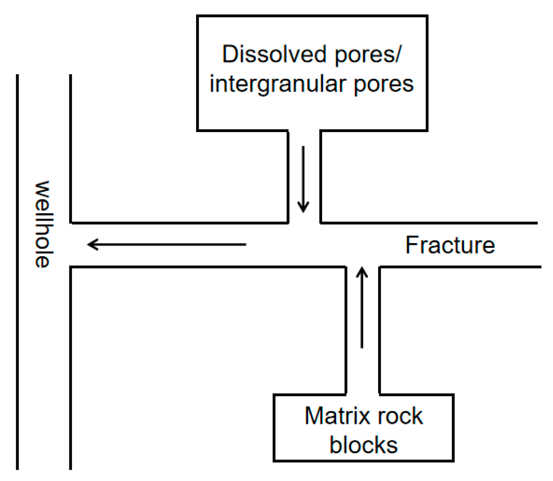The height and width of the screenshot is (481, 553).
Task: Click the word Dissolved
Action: coord(274,55)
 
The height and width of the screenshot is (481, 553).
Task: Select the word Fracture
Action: coord(450,245)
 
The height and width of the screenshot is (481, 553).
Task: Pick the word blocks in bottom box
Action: coord(363,445)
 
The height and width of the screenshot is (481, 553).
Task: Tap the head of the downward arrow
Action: coord(303,207)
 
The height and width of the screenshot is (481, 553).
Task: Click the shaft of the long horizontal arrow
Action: coord(171,244)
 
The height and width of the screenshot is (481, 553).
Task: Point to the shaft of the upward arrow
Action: coord(362,314)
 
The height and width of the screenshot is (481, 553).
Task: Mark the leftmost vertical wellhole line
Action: coord(17,273)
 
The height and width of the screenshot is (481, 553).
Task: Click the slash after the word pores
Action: coord(398,55)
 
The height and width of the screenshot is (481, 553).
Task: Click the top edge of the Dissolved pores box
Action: coord(312,16)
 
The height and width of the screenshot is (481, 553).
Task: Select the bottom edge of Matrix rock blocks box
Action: coord(363,461)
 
